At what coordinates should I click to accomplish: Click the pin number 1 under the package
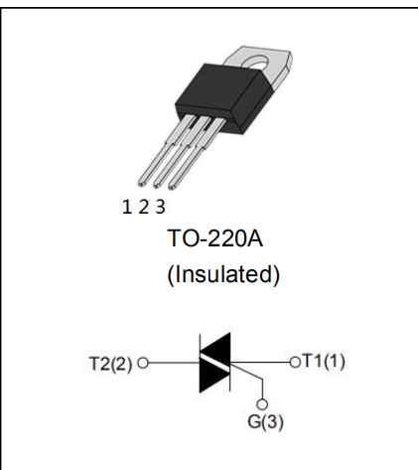tap(127, 207)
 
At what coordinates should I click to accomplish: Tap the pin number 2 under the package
tap(144, 207)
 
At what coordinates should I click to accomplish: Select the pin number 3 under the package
tap(160, 207)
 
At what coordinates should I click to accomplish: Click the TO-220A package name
tap(215, 237)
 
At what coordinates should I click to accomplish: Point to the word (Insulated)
tap(223, 274)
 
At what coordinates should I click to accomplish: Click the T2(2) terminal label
tap(110, 364)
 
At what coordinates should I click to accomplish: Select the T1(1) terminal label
tap(324, 361)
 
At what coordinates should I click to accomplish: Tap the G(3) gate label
tap(265, 421)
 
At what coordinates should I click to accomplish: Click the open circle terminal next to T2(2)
tap(143, 363)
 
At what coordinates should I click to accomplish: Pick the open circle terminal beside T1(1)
tap(295, 362)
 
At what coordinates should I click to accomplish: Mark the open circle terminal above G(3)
tap(262, 404)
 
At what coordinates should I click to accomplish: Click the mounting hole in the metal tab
tap(257, 63)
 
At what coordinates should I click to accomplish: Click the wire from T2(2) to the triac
tap(174, 363)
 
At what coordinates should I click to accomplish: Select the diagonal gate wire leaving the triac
tap(246, 371)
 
